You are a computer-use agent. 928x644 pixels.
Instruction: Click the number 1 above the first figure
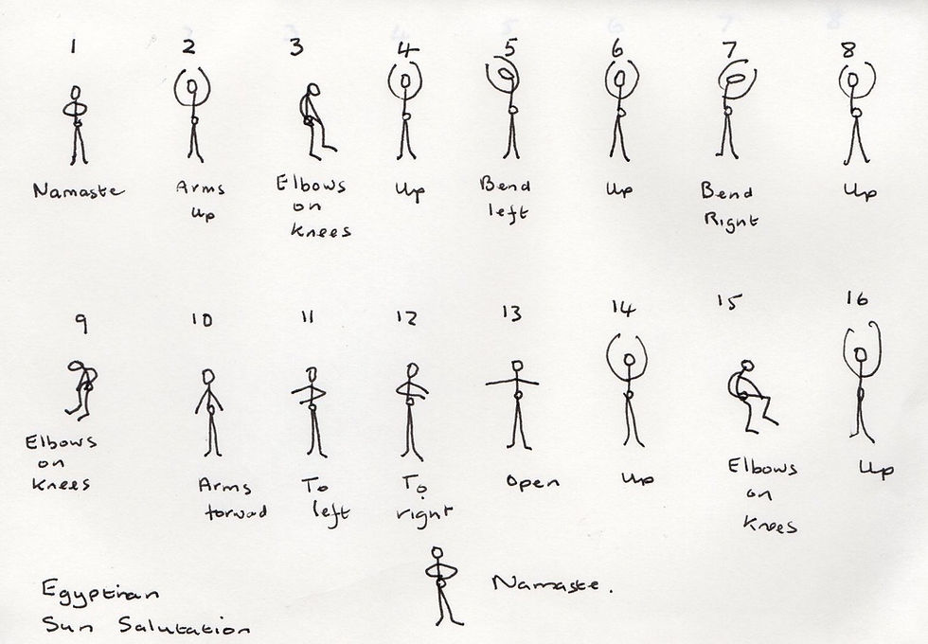click(x=72, y=45)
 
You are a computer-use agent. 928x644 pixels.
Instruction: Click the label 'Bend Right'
click(x=726, y=206)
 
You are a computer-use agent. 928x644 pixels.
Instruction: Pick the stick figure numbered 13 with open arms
click(x=515, y=402)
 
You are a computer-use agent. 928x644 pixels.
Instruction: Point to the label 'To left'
click(x=325, y=498)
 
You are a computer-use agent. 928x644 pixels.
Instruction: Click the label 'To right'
click(x=420, y=502)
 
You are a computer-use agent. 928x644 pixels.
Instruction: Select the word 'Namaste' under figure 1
click(x=78, y=190)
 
